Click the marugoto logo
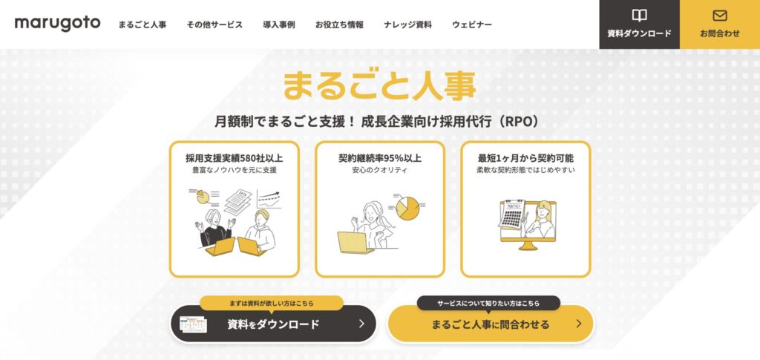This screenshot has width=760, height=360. [57, 24]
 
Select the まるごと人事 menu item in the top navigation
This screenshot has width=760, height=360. [142, 24]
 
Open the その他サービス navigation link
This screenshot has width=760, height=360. [214, 24]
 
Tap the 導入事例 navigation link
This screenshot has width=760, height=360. [279, 24]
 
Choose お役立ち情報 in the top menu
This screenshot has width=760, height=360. [339, 24]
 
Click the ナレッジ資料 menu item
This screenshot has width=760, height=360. [407, 24]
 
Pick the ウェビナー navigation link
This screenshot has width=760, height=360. [471, 24]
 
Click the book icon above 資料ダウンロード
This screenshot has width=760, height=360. [639, 16]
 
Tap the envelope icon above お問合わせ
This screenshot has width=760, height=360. [720, 16]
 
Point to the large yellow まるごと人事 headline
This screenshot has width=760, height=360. [379, 86]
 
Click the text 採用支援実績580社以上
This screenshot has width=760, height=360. [234, 158]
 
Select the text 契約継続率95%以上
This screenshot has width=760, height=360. [380, 158]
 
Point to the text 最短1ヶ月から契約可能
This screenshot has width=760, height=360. [526, 158]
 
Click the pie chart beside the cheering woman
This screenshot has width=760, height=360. [407, 207]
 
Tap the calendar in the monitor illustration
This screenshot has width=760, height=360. [511, 215]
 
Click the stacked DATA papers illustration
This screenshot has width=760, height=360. [238, 202]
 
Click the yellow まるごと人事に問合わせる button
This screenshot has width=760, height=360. [491, 324]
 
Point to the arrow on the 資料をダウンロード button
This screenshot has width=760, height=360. [361, 324]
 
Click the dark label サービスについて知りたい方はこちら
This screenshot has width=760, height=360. [488, 304]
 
